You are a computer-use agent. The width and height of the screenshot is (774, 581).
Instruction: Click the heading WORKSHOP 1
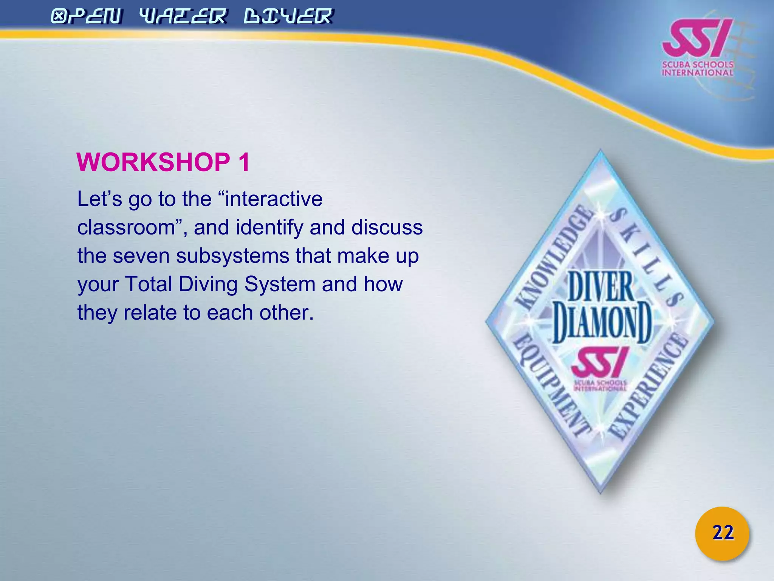tap(163, 163)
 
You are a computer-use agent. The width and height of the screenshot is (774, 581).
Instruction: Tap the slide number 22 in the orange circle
tap(723, 533)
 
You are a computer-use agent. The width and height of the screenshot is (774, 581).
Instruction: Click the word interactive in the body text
tap(274, 199)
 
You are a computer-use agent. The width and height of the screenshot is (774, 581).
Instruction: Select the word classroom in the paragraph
tap(126, 227)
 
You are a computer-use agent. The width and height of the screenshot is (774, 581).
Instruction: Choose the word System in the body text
tap(280, 284)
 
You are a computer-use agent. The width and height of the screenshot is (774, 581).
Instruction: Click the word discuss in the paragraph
tap(387, 227)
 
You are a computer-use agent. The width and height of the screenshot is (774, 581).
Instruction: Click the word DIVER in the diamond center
tap(601, 287)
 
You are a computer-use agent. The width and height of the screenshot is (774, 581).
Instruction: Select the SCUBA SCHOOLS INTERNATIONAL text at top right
tap(697, 68)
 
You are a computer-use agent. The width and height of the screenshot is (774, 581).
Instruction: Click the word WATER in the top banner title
tap(183, 17)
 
